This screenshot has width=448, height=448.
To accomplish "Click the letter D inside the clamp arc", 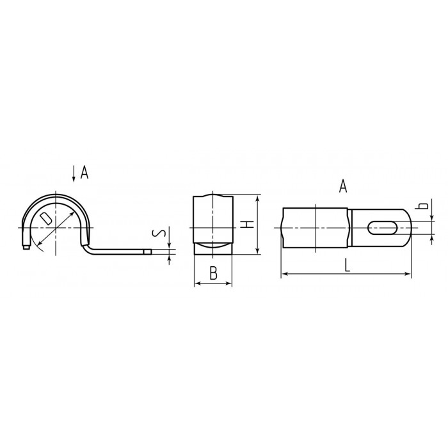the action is pyautogui.click(x=46, y=218).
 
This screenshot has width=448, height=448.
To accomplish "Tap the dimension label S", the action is pyautogui.click(x=159, y=234).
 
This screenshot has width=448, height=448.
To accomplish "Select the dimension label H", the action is pyautogui.click(x=248, y=224).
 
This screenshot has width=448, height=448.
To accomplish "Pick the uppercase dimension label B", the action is pyautogui.click(x=213, y=273).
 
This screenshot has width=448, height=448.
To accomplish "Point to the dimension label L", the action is pyautogui.click(x=347, y=265).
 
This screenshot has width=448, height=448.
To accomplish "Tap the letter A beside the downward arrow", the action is pyautogui.click(x=84, y=172).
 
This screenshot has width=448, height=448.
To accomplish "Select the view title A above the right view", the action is pyautogui.click(x=343, y=186).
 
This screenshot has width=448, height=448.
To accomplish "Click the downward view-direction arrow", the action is pyautogui.click(x=74, y=173).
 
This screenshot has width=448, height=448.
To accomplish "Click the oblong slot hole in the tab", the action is pyautogui.click(x=382, y=228).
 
